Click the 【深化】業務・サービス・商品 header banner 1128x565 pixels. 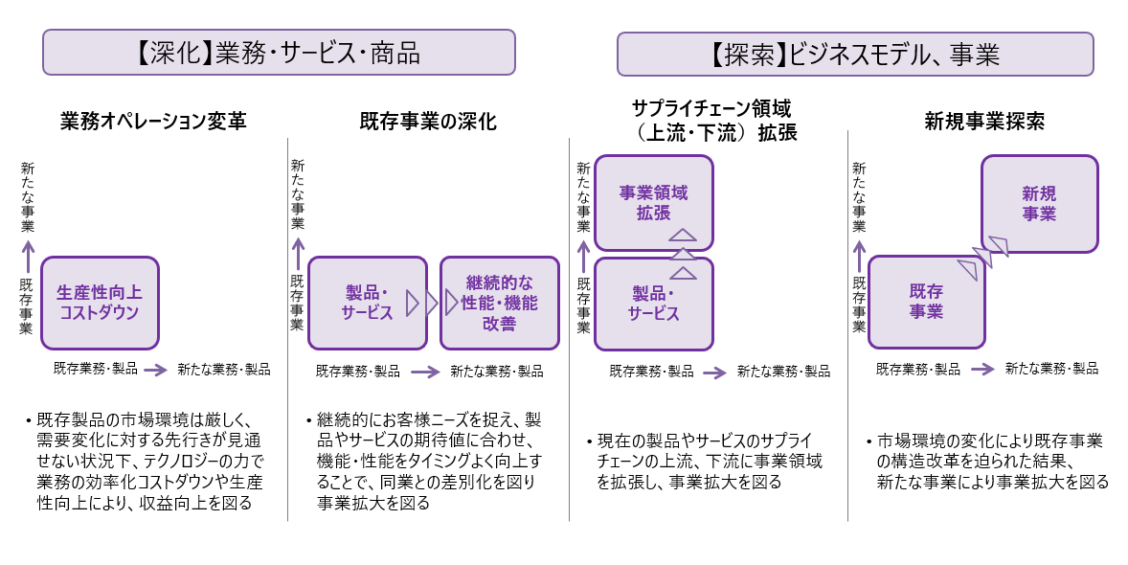pyautogui.click(x=279, y=53)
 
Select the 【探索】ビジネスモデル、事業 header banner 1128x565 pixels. pyautogui.click(x=854, y=55)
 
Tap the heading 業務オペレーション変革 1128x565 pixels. pyautogui.click(x=152, y=122)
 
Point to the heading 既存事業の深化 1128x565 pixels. pyautogui.click(x=428, y=122)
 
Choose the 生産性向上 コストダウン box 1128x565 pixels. pyautogui.click(x=99, y=302)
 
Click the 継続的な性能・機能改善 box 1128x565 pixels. pyautogui.click(x=499, y=302)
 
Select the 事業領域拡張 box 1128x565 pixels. pyautogui.click(x=653, y=202)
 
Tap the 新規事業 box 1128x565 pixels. pyautogui.click(x=1039, y=204)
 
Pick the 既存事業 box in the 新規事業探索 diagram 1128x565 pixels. pyautogui.click(x=926, y=302)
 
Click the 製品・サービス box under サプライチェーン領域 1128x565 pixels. pyautogui.click(x=653, y=303)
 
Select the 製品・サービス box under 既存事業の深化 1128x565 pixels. pyautogui.click(x=367, y=302)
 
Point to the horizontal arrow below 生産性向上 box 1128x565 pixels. pyautogui.click(x=156, y=369)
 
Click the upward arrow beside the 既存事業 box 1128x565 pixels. pyautogui.click(x=859, y=257)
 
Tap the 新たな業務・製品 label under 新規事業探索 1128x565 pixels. pyautogui.click(x=1050, y=369)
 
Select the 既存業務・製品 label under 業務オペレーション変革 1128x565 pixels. pyautogui.click(x=96, y=369)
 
